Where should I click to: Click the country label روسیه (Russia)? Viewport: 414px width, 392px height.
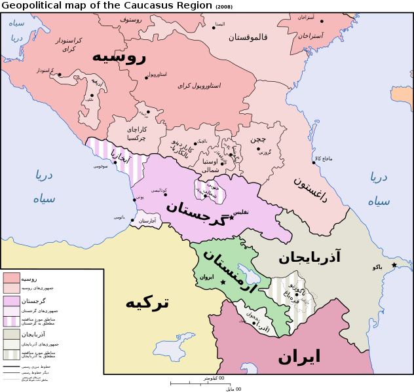point(119,56)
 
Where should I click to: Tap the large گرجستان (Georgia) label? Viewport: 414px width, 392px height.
point(196,213)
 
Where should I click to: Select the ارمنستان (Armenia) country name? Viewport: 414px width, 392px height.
point(229,270)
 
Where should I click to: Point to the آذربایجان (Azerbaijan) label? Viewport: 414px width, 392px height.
point(309,257)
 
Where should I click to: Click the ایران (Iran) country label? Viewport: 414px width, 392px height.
point(299,357)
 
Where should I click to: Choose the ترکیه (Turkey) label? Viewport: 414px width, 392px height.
point(147,302)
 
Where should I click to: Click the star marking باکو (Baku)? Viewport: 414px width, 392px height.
point(394,265)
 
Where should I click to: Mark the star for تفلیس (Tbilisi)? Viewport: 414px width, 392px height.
point(231,218)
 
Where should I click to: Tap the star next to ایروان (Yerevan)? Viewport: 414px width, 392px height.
point(223,283)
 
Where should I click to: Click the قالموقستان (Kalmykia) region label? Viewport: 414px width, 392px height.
point(248,37)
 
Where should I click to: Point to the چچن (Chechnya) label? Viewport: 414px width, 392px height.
point(258,139)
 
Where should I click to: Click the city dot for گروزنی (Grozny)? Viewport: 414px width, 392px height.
point(258,149)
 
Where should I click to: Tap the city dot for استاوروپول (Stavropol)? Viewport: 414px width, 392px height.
point(146,78)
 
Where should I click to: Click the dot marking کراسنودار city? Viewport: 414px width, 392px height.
point(60,75)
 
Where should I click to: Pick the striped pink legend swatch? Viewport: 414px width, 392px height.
point(11,321)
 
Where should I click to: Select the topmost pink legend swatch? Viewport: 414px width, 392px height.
point(11,277)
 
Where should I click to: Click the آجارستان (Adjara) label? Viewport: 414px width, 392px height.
point(147,221)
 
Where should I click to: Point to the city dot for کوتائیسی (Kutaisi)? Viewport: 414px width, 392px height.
point(165,194)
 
